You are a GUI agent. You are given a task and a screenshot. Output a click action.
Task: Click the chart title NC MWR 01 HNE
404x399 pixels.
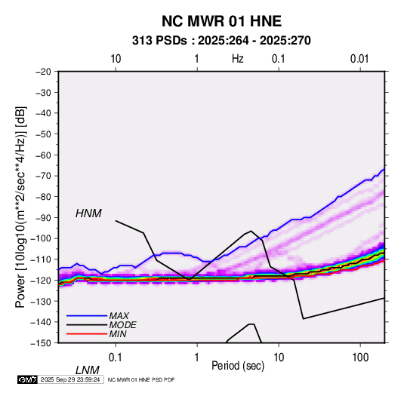[221, 21]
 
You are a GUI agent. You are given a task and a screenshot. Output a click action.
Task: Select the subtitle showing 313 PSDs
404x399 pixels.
[221, 41]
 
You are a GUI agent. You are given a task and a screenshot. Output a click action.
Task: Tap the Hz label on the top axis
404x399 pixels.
[238, 59]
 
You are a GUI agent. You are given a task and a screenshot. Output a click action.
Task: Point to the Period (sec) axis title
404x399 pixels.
[238, 366]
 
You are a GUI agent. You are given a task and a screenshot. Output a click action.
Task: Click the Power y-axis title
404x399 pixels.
[20, 207]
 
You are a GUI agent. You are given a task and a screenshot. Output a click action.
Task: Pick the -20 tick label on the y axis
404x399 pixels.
[43, 72]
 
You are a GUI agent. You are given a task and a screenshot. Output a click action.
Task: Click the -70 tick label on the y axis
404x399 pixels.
[43, 176]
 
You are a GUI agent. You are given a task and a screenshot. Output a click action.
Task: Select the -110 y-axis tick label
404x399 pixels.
[41, 259]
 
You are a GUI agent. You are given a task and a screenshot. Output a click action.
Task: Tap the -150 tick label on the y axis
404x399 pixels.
[41, 343]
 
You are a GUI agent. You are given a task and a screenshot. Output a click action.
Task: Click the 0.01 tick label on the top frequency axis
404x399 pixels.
[359, 59]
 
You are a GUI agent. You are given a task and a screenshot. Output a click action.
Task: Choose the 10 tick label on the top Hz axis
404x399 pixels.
[116, 59]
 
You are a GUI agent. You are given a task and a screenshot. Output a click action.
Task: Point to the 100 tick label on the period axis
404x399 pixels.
[360, 358]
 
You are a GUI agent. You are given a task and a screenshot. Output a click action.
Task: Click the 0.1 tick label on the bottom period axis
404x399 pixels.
[116, 358]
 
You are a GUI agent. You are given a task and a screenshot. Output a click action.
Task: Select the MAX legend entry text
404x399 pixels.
[119, 316]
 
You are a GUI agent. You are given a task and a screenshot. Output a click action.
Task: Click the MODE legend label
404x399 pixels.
[122, 325]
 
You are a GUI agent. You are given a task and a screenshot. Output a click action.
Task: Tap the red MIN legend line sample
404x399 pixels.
[87, 334]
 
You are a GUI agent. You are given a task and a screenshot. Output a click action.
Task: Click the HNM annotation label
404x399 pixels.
[88, 213]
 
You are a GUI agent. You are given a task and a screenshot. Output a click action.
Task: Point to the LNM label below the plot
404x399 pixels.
[88, 370]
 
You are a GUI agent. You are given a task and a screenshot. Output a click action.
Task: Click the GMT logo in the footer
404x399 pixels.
[27, 379]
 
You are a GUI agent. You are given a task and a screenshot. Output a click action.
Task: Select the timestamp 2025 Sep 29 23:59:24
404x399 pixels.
[70, 379]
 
